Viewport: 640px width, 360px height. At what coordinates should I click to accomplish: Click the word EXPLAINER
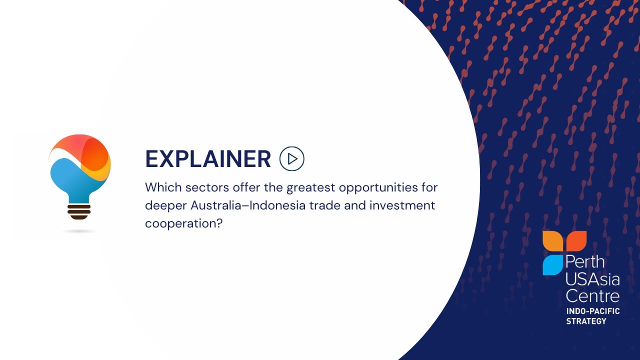click(207, 159)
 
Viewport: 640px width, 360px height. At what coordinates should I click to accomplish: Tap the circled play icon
click(292, 159)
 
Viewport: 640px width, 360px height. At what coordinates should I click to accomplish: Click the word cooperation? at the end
click(183, 223)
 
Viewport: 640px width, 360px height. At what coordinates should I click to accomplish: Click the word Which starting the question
click(163, 188)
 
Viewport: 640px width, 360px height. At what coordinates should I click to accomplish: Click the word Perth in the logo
click(585, 261)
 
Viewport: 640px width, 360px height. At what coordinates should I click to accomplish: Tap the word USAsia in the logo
click(592, 278)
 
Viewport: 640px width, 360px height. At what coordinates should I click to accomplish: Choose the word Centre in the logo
click(592, 295)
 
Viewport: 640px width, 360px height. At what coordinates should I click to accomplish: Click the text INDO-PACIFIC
click(592, 311)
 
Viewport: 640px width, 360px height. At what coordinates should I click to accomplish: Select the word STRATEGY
click(586, 321)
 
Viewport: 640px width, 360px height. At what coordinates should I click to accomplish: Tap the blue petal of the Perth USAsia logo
click(552, 265)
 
